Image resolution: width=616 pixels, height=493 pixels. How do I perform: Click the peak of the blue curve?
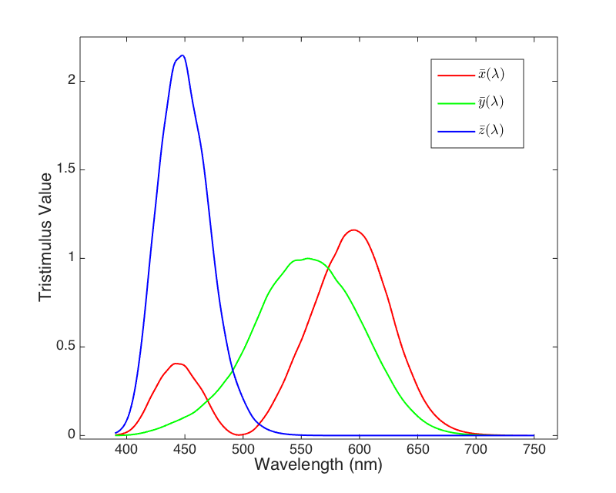coord(182,55)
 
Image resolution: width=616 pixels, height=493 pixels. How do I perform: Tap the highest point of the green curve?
coord(307,258)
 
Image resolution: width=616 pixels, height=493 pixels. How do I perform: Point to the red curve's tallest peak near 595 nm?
coord(353,230)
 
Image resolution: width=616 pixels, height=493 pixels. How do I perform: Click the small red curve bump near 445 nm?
coord(176,363)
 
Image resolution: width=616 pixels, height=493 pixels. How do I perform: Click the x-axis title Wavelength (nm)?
coord(318,465)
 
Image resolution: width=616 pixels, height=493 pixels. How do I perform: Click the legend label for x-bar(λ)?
coord(490,75)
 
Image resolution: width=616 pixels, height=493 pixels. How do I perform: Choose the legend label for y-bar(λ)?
coord(490,102)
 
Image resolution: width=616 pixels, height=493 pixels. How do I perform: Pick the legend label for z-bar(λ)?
coord(490,130)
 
